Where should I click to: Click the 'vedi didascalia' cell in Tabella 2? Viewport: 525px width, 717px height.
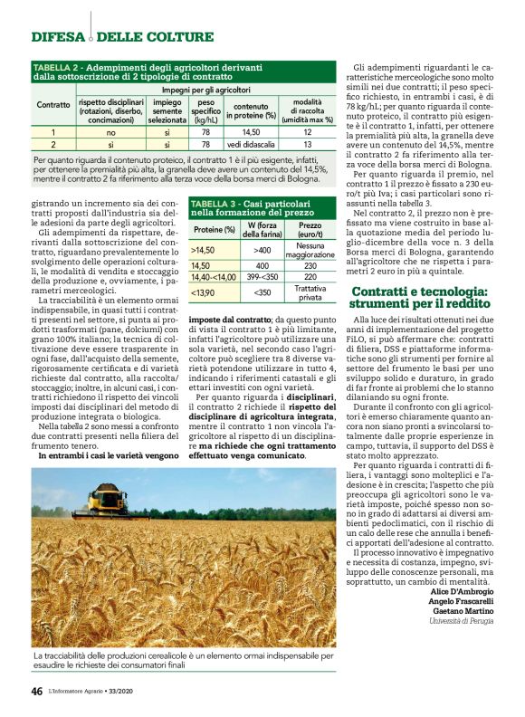(246, 144)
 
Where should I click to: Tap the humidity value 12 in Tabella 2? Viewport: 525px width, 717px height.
(308, 132)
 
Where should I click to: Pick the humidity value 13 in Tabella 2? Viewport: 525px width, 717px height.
(308, 144)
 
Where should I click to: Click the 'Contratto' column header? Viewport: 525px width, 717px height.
(52, 105)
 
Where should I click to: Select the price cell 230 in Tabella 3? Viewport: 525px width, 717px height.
(310, 266)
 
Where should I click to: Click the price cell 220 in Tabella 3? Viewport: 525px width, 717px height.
(310, 277)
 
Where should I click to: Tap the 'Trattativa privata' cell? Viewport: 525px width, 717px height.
(310, 293)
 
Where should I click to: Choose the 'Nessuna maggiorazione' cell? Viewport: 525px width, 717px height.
(310, 249)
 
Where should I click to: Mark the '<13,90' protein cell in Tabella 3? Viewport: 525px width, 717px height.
(204, 293)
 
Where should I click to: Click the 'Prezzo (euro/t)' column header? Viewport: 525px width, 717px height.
(310, 229)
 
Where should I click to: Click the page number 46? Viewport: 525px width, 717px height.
(36, 691)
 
